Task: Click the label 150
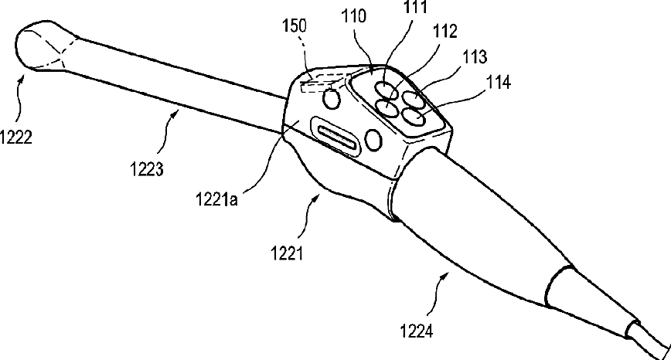(x=295, y=25)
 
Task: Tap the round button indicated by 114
(x=411, y=117)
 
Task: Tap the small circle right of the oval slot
(x=373, y=139)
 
